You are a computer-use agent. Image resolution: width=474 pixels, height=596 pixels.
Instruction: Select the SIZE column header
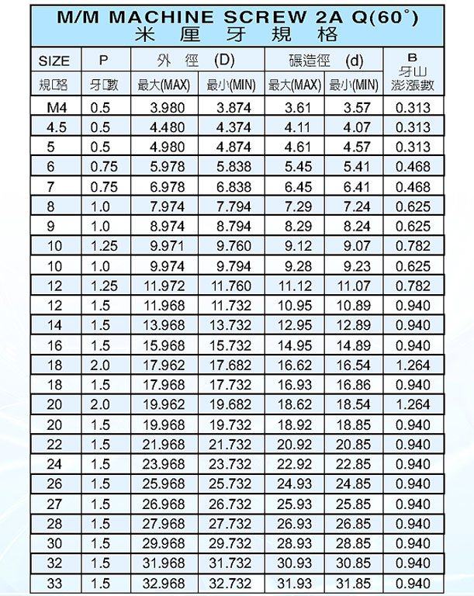tap(54, 61)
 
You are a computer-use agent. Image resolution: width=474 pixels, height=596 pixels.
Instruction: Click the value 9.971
tap(167, 247)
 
